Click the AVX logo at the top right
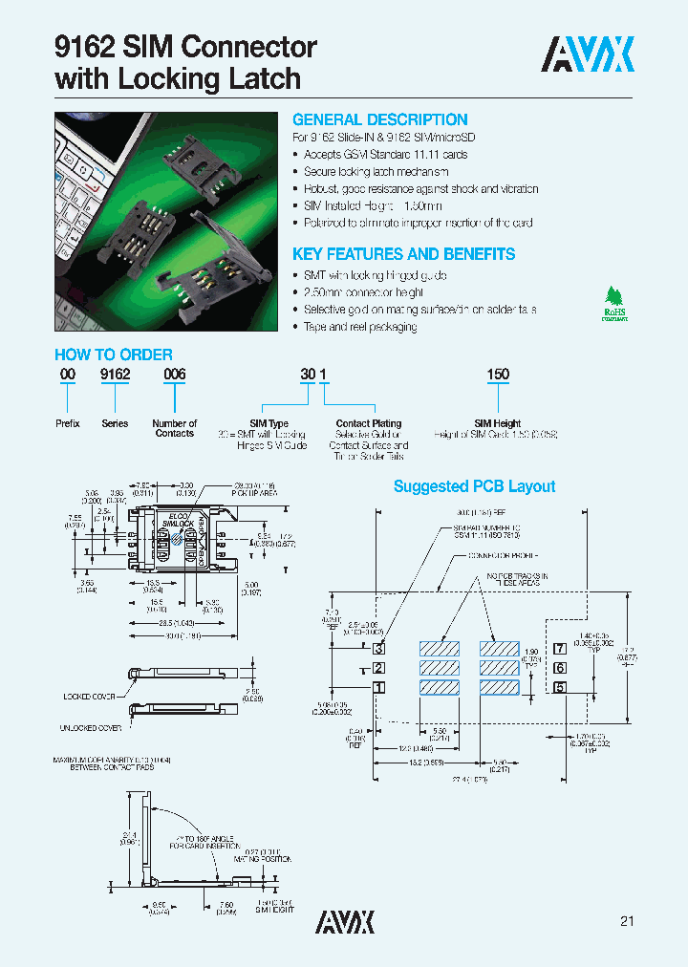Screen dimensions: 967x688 point(588,55)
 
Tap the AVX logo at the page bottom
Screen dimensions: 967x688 point(345,921)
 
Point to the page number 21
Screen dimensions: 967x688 point(627,921)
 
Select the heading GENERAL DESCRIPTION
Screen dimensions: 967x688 point(379,119)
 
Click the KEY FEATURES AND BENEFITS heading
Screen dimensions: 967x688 point(403,254)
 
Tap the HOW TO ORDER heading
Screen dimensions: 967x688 point(114,355)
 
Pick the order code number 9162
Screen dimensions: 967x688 point(115,376)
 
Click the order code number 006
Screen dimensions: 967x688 point(174,376)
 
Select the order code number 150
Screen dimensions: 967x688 point(498,376)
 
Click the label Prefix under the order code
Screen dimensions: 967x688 point(67,423)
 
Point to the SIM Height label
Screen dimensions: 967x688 point(497,423)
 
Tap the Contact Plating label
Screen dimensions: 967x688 point(369,423)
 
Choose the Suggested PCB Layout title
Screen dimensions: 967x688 point(474,486)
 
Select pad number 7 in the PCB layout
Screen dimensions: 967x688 point(561,650)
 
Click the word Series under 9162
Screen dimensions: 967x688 point(115,423)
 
